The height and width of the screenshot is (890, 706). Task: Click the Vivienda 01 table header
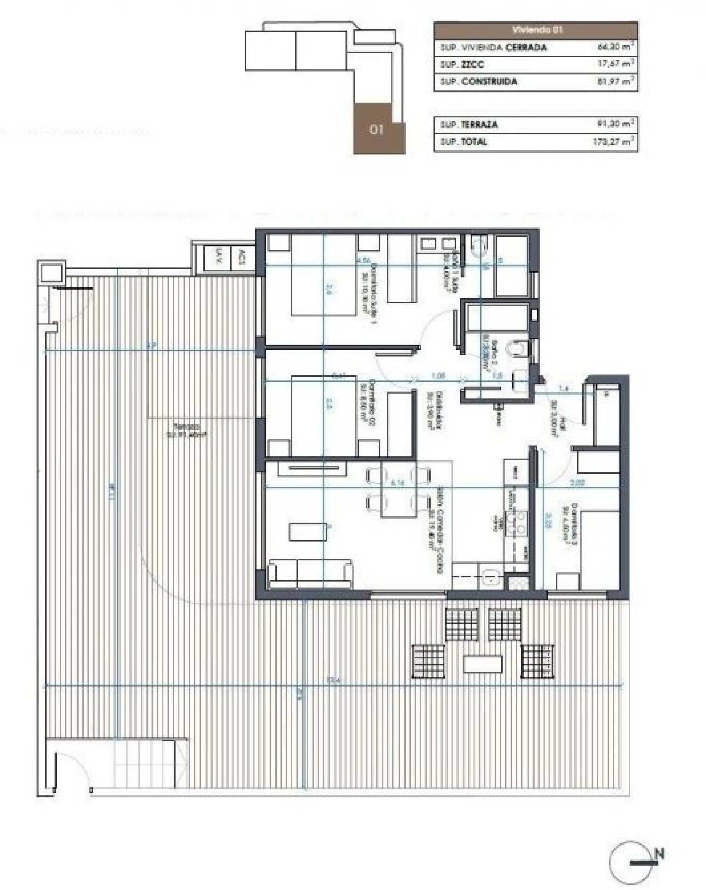(536, 30)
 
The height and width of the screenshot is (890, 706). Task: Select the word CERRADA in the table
(526, 47)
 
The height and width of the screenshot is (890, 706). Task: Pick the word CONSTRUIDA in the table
(489, 81)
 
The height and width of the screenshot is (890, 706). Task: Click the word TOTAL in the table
(474, 141)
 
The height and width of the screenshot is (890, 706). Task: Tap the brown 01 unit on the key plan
(377, 129)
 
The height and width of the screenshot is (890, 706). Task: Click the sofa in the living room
(310, 574)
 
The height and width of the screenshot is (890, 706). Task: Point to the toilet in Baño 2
(517, 349)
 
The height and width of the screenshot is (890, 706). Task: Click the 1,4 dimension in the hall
(563, 388)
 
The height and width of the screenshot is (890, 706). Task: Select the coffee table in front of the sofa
(308, 532)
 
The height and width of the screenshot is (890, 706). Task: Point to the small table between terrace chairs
(483, 664)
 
